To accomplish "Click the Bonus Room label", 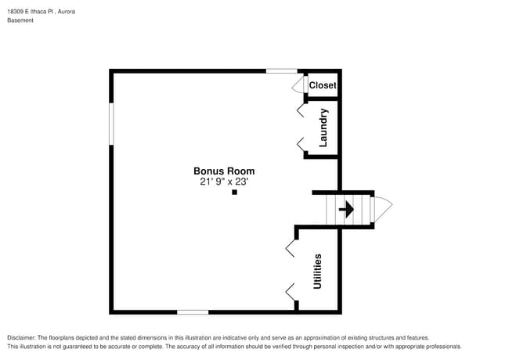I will coord(224,171).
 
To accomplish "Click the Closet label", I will coord(322,85).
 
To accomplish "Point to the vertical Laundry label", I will coord(323,128).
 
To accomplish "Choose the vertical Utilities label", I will coord(317,271).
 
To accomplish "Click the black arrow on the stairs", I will coord(345,210).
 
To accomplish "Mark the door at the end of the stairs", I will coord(382,209).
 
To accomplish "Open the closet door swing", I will coord(298,85).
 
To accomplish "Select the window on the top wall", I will coord(281,71).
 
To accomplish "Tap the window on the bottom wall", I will coord(193,311).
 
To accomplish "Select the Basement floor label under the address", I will coord(20,20).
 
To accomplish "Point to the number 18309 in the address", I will coord(16,12).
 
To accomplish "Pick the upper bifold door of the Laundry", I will coord(301,110).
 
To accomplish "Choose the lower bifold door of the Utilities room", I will coord(291,293).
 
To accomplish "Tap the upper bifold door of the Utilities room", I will coord(291,248).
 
